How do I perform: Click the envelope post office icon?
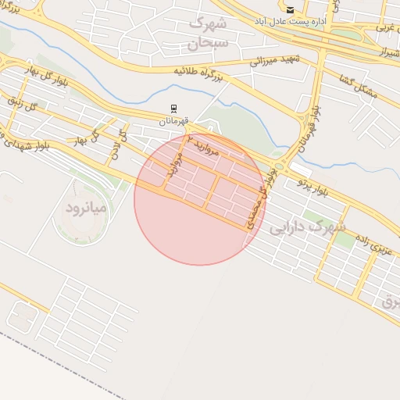pos(291,10)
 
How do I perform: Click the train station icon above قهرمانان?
pos(173,109)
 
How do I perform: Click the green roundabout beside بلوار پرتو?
pos(279,166)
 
